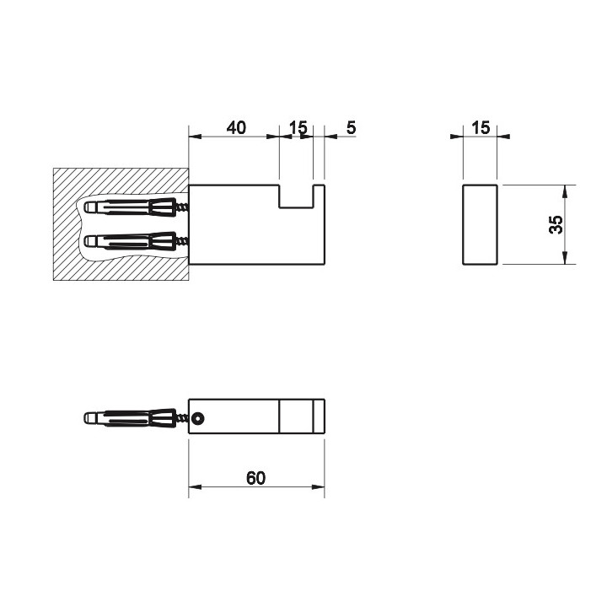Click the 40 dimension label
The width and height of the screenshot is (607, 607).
[236, 127]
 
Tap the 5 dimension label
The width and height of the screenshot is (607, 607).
[351, 127]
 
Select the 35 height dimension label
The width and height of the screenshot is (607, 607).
[556, 224]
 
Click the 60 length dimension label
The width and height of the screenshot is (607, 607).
[256, 478]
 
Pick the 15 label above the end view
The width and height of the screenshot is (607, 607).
[481, 127]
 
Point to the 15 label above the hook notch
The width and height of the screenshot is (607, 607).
[298, 127]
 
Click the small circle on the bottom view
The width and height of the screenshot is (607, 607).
[198, 418]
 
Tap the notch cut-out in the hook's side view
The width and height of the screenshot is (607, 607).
[296, 196]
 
